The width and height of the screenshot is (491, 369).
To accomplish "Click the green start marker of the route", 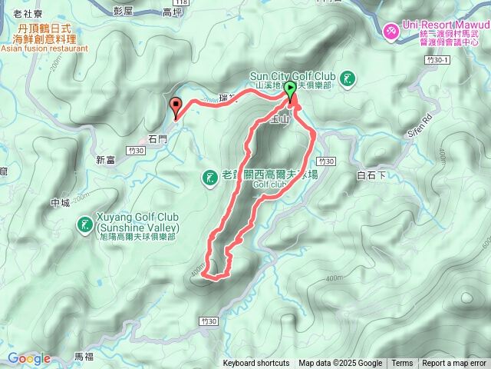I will [x=291, y=90].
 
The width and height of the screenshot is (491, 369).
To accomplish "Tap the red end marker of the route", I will [x=176, y=107].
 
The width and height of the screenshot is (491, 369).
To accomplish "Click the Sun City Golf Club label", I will [x=293, y=76].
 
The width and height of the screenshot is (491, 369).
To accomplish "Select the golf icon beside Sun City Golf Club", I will [x=349, y=78].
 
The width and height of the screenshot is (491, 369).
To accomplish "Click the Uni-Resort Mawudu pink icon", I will [x=390, y=28].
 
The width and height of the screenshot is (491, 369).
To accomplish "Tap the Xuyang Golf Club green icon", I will [x=84, y=225].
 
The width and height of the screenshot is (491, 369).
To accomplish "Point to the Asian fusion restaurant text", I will [x=44, y=48].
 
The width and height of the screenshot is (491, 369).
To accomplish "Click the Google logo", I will [x=29, y=358].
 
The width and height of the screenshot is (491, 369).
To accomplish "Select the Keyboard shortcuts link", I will [x=256, y=364].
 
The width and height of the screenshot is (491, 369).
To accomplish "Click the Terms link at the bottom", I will [x=402, y=364].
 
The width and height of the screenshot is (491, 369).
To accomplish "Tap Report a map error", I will [x=454, y=364].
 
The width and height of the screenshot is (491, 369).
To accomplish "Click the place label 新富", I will [x=105, y=160].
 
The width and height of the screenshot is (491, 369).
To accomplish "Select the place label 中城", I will [x=60, y=203].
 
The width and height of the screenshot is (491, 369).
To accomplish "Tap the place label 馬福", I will [x=84, y=357].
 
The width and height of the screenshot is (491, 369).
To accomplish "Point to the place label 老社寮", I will [x=27, y=14].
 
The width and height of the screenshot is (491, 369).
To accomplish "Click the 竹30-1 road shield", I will [x=437, y=59].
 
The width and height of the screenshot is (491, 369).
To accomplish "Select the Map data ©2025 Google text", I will [x=340, y=364].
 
